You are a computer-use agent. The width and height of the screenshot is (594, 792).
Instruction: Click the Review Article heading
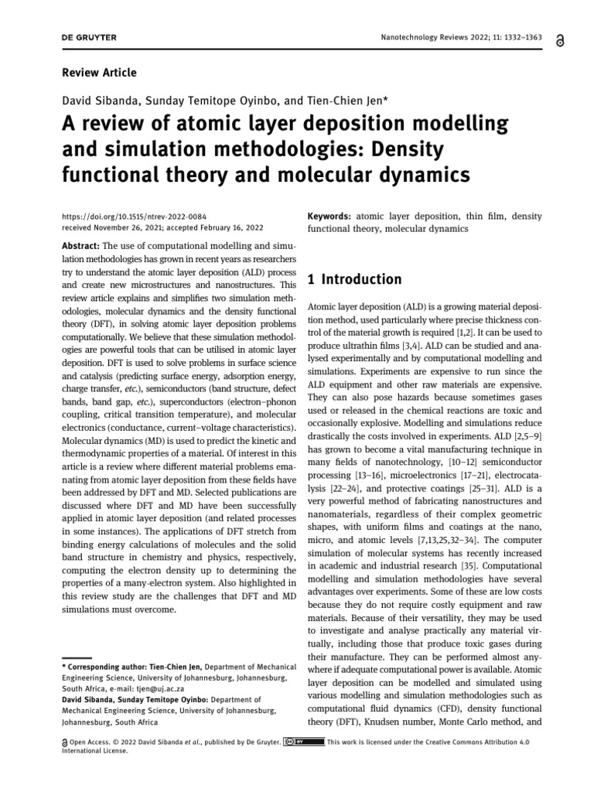98,73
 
